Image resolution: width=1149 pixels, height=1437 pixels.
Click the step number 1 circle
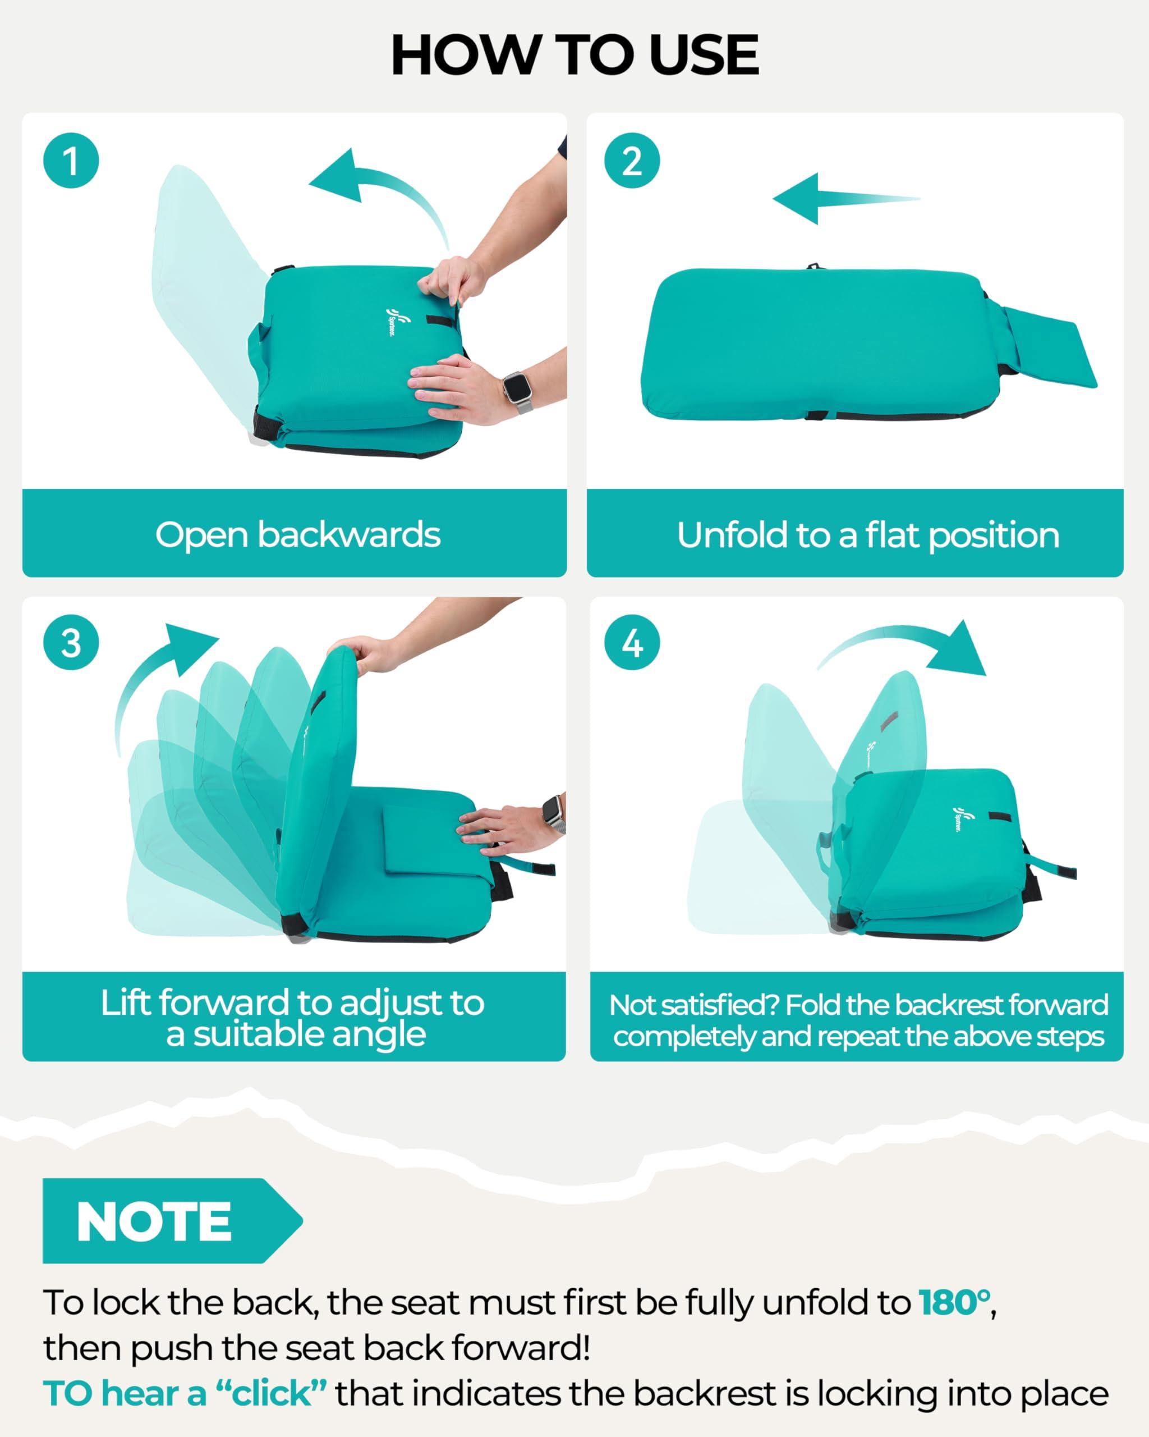point(71,161)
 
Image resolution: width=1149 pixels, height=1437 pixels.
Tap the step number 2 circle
point(632,161)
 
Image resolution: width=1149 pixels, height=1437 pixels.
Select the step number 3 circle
point(71,643)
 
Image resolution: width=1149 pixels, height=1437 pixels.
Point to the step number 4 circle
point(632,643)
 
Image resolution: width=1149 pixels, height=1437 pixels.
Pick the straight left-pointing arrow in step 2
point(846,198)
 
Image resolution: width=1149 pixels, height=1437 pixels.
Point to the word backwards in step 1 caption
point(348,534)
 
